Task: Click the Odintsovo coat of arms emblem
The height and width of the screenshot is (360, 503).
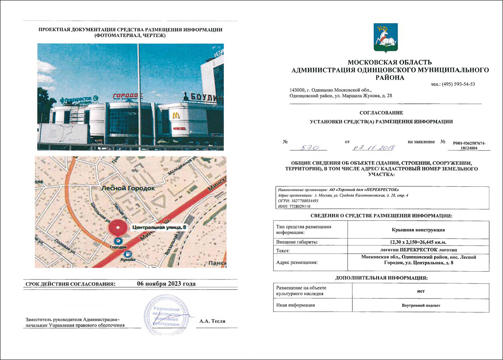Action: [x=385, y=38]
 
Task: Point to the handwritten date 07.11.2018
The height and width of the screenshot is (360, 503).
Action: [x=373, y=147]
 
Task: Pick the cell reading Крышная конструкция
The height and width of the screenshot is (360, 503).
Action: [x=418, y=230]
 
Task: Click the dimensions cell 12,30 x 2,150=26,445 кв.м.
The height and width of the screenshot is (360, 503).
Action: [x=418, y=242]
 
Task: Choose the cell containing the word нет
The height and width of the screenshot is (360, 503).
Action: [x=421, y=291]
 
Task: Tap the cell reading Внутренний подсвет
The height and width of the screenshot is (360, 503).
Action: [x=421, y=305]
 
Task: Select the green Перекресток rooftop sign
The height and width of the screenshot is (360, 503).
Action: [x=79, y=98]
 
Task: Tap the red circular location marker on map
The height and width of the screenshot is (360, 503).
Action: [x=118, y=228]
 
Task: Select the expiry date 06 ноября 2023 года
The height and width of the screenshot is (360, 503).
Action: [x=166, y=284]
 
